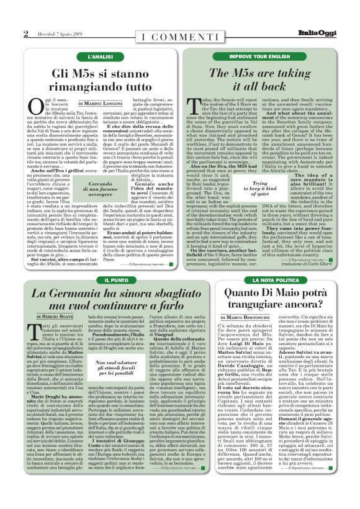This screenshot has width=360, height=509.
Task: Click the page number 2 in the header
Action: pyautogui.click(x=25, y=34)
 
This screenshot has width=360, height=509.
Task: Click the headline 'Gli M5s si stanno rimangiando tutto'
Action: pyautogui.click(x=101, y=78)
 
